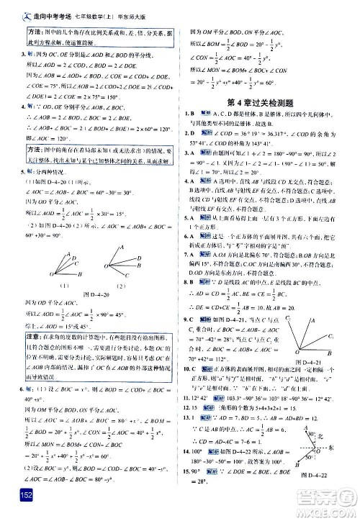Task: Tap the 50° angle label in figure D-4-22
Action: coord(326,456)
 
